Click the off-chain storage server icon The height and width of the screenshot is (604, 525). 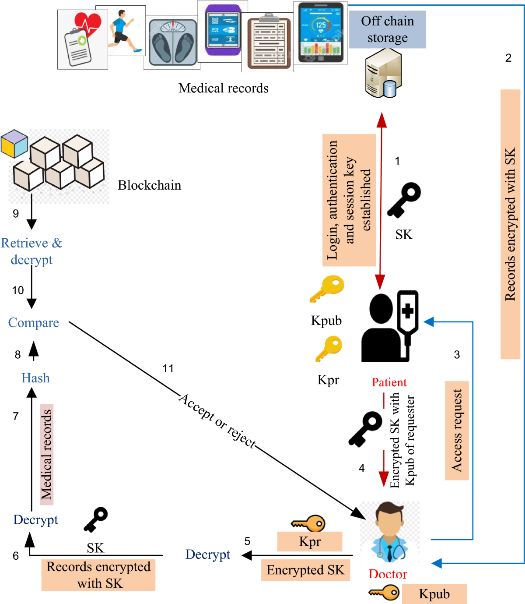(383, 73)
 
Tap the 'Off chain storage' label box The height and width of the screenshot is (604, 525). (387, 29)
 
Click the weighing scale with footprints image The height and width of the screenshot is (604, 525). (172, 43)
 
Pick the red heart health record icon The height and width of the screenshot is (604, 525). (83, 39)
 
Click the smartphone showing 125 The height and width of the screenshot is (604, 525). (320, 33)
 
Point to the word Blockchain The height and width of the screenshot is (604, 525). (149, 185)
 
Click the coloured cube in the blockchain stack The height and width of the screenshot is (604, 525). (14, 143)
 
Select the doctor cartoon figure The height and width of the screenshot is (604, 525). (389, 532)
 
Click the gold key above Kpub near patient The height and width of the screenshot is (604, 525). (327, 289)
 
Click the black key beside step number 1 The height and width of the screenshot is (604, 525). (404, 200)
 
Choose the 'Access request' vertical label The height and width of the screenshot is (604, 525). (457, 431)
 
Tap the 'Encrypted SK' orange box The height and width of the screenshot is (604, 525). (305, 570)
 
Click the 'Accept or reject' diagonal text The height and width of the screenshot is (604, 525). (217, 420)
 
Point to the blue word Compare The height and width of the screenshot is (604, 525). (34, 323)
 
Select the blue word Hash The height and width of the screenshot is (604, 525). (35, 378)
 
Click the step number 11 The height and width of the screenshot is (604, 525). (168, 368)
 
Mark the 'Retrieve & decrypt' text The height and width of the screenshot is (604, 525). (31, 251)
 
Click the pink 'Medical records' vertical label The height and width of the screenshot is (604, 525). (46, 454)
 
